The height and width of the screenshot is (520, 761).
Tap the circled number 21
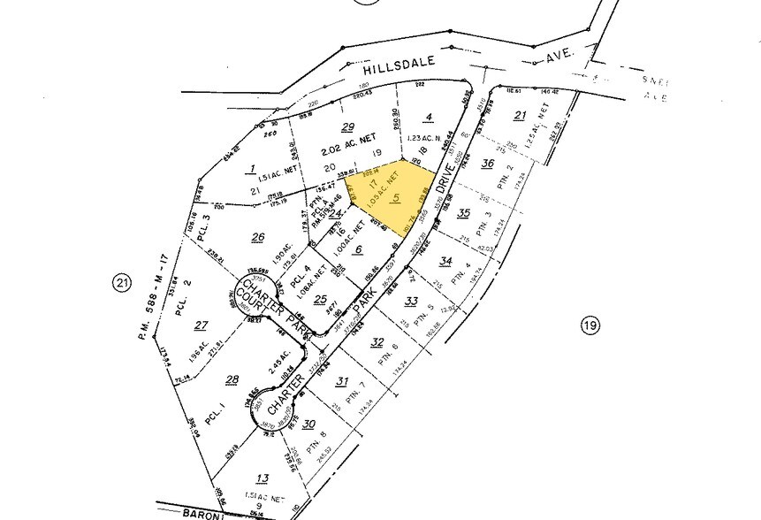click(x=122, y=283)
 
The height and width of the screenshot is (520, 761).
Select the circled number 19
click(x=590, y=326)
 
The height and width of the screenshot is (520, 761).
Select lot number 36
click(x=487, y=164)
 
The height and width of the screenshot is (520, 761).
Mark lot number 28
click(x=232, y=380)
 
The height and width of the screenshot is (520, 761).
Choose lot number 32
click(x=377, y=342)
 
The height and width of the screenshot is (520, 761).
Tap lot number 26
click(x=258, y=236)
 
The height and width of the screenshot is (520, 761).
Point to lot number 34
click(x=445, y=261)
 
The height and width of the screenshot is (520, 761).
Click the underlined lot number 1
click(x=252, y=169)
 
